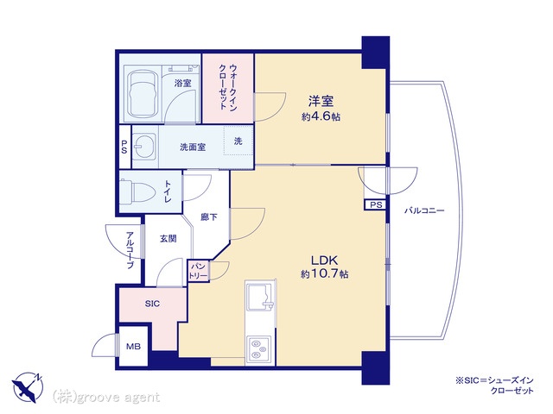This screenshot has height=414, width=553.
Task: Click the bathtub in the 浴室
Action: click(x=142, y=95)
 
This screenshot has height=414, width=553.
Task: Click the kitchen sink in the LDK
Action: click(x=260, y=297)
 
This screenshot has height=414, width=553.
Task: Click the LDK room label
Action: click(x=324, y=260)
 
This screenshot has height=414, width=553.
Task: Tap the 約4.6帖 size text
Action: click(x=321, y=117)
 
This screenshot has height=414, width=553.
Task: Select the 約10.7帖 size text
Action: click(x=325, y=274)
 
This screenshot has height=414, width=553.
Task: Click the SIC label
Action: click(x=152, y=304)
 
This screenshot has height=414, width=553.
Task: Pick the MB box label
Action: click(x=133, y=347)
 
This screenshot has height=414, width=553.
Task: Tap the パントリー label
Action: click(x=198, y=271)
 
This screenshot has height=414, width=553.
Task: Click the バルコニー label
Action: click(x=424, y=210)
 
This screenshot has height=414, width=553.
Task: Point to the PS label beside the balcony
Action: click(x=376, y=205)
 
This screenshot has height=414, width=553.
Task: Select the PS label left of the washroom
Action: click(x=124, y=147)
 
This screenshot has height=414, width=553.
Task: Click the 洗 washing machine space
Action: click(x=238, y=141)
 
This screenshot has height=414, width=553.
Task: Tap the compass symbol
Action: click(x=28, y=387)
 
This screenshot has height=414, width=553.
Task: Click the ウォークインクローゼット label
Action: click(x=228, y=87)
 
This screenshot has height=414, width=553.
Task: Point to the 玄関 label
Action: click(x=168, y=239)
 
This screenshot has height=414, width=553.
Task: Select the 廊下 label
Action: click(x=209, y=217)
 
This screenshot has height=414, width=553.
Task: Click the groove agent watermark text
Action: click(x=105, y=398)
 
